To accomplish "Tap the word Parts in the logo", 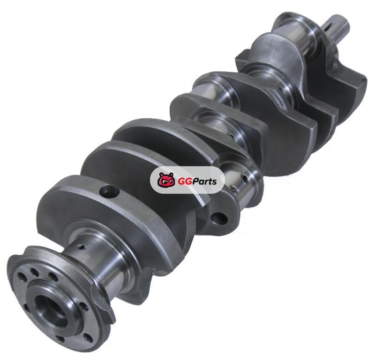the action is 204,181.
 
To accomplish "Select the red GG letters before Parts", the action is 185,181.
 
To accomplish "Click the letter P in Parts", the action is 196,181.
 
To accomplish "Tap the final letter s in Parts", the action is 214,182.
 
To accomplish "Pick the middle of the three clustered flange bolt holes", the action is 34,272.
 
